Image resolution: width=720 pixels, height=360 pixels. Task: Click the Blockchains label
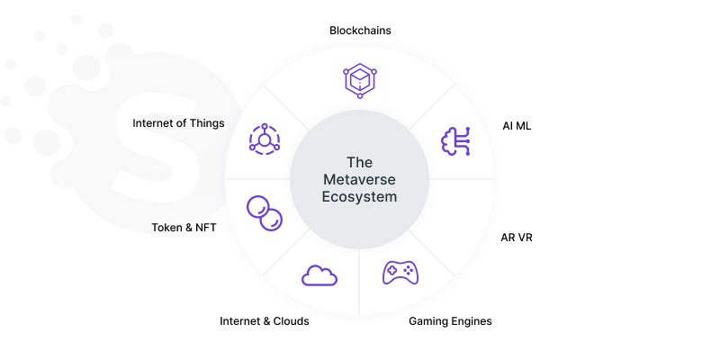(360, 31)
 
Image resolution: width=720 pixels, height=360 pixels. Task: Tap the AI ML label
(517, 126)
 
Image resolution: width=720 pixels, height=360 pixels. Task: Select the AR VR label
(517, 238)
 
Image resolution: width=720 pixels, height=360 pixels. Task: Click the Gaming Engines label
(450, 321)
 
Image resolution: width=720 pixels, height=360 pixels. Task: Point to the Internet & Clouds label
(264, 321)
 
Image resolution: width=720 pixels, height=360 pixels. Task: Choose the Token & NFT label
(184, 228)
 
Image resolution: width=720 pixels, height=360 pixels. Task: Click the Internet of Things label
(178, 123)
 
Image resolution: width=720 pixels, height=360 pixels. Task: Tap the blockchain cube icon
(360, 81)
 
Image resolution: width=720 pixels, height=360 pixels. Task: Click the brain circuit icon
(455, 141)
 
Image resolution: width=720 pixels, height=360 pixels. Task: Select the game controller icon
(400, 273)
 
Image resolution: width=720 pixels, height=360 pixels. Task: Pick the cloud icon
(319, 275)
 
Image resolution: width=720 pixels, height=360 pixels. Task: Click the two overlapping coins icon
(265, 213)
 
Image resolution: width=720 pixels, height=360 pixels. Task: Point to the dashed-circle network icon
(265, 139)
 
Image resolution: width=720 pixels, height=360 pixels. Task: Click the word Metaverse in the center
(359, 179)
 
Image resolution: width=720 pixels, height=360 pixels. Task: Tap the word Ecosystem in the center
(359, 197)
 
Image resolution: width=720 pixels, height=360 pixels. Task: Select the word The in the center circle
(359, 163)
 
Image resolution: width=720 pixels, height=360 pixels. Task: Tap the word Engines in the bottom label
(472, 321)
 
